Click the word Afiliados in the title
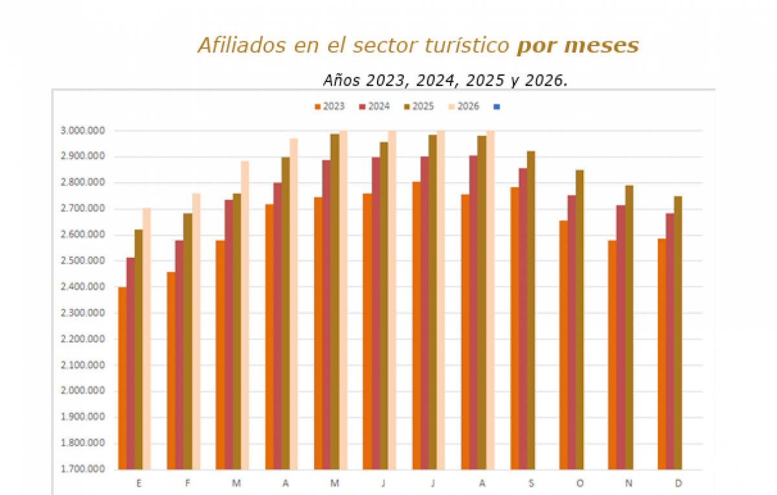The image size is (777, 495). [242, 45]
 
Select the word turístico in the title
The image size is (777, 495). [467, 45]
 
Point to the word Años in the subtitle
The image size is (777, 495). [341, 80]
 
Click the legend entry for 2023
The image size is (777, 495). [330, 106]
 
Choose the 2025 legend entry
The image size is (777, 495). [419, 106]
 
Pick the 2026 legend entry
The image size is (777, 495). [464, 106]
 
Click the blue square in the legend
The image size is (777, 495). [497, 106]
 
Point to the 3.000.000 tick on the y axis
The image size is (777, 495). [83, 130]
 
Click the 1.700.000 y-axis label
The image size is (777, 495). [83, 469]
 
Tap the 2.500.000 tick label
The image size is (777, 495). [83, 260]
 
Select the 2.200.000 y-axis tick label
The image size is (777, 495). [83, 339]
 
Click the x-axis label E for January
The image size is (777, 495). [139, 483]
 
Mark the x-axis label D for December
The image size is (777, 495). [679, 483]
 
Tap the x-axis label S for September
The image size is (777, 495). [531, 483]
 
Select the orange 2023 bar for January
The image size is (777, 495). [122, 378]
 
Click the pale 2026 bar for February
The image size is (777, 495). [196, 332]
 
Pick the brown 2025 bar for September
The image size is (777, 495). [531, 310]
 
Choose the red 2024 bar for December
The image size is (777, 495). [670, 341]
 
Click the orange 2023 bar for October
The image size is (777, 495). [563, 345]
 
